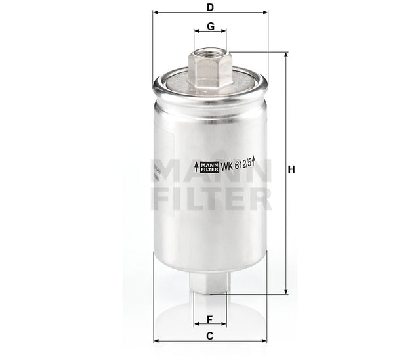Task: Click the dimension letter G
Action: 210,26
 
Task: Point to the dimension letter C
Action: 210,336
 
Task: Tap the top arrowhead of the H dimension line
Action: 285,53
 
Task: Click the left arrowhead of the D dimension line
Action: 156,12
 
